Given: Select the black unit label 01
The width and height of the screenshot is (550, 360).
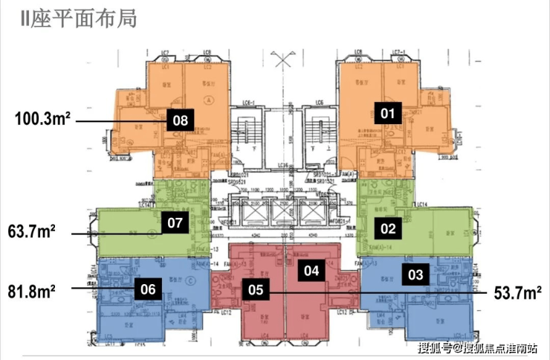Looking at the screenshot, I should point(388,113).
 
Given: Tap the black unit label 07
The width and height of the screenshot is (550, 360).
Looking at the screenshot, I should point(175,222).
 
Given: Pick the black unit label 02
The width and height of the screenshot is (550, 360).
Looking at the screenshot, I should point(389,228).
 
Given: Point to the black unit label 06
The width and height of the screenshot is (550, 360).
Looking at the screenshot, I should point(148,290).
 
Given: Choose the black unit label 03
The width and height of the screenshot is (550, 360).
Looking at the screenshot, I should point(415,274).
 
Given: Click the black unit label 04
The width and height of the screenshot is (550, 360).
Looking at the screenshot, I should point(311,271).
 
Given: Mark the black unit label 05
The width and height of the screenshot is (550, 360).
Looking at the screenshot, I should point(254,290).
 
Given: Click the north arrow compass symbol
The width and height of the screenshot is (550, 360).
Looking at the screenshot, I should point(283,59).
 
